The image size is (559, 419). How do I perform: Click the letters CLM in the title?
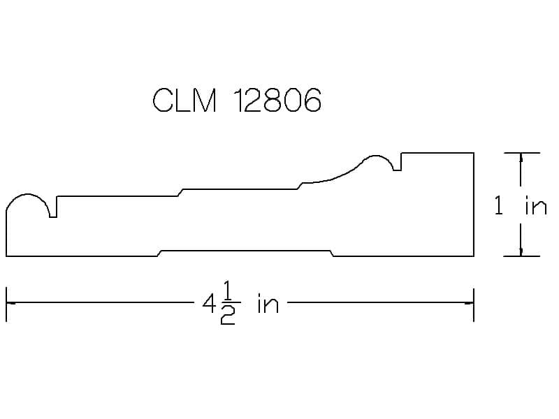click(x=184, y=100)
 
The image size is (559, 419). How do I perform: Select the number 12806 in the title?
click(x=277, y=100)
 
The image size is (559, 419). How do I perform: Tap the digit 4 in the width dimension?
click(x=208, y=304)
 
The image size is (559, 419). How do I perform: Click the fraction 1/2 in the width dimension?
click(x=228, y=302)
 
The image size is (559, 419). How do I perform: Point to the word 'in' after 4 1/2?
click(x=268, y=304)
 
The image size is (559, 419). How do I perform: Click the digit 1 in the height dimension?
click(x=499, y=205)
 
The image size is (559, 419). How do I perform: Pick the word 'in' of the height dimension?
click(x=536, y=206)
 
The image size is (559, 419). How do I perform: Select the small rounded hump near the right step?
click(x=376, y=156)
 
